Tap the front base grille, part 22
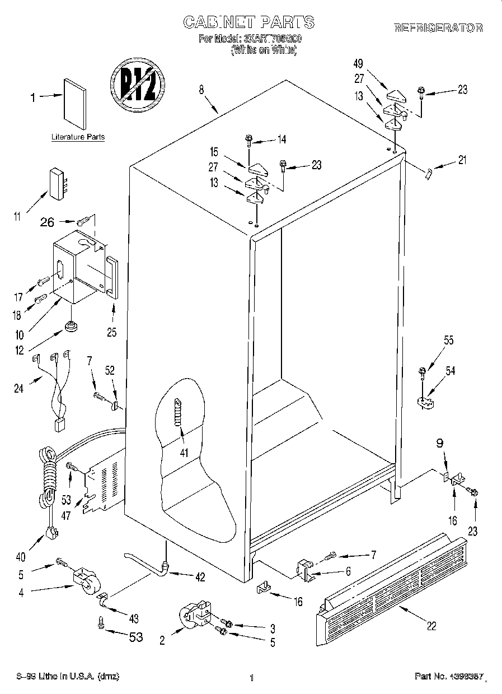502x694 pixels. (x=392, y=583)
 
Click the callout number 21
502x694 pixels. (x=462, y=160)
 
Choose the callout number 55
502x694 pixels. (x=448, y=340)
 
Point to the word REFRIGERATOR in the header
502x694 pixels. (x=438, y=27)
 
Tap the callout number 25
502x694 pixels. (x=111, y=332)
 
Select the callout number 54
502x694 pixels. (x=450, y=371)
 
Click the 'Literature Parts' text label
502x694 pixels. (x=78, y=137)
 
